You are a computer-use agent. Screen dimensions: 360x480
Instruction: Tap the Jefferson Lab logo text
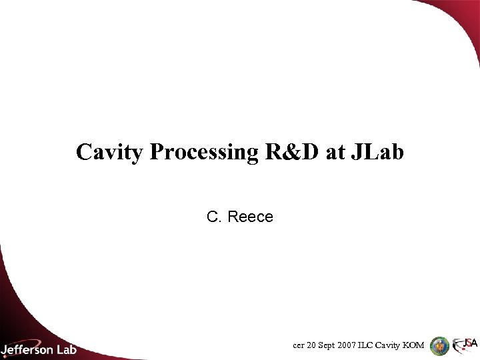tap(39, 348)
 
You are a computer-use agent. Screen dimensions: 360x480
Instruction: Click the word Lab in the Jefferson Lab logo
tap(66, 348)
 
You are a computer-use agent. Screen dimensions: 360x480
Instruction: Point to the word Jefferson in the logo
tap(28, 348)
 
